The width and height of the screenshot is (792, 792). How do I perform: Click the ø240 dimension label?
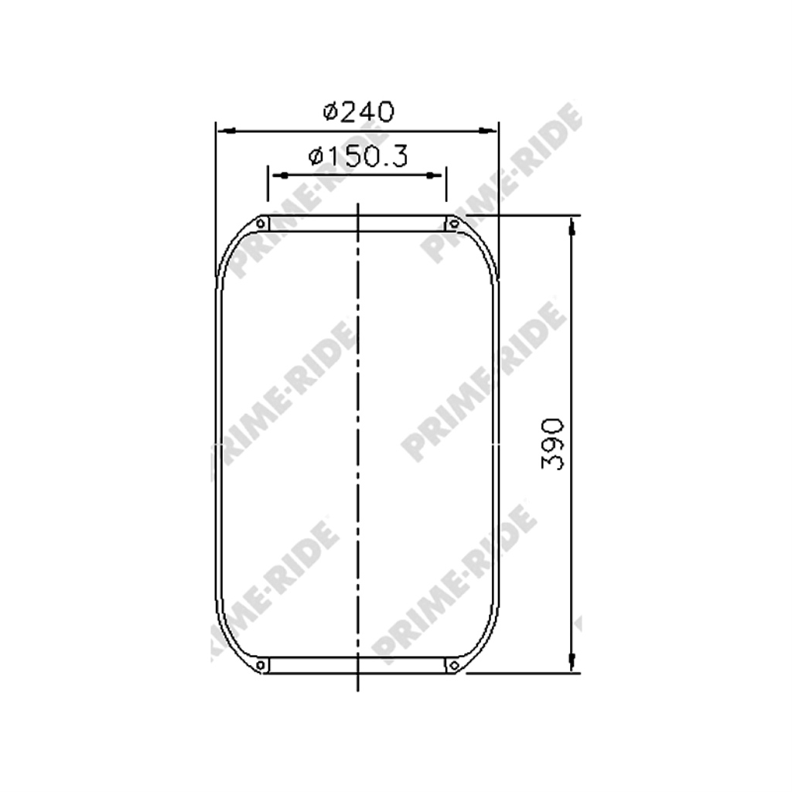pos(359,111)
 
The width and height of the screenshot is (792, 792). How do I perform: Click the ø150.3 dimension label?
pos(358,156)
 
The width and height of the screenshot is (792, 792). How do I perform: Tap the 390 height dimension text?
pos(552,444)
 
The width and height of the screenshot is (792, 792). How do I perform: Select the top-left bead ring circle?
pos(261,224)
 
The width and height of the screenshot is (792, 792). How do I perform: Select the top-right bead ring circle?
pos(453,224)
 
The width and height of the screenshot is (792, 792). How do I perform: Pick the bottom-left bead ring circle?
pos(261,665)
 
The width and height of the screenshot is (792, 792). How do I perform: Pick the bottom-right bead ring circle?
pos(453,665)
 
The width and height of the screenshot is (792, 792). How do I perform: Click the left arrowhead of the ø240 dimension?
pos(227,131)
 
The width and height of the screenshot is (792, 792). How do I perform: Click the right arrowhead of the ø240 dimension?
pos(487,131)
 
